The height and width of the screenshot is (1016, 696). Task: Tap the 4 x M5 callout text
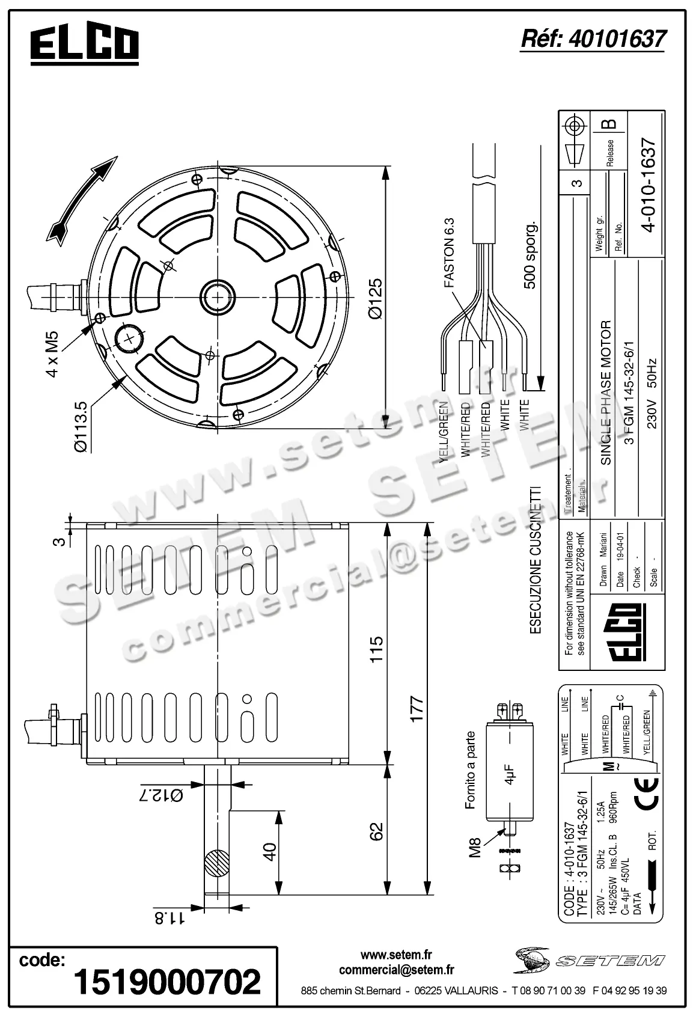[52, 353]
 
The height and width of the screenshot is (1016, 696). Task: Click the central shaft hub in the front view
[215, 296]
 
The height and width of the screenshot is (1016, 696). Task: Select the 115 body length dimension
[376, 649]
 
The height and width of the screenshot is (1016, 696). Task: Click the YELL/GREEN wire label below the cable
[444, 432]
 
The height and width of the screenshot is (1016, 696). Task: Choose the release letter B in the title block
[608, 124]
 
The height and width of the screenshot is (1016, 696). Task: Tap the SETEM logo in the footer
[588, 961]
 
